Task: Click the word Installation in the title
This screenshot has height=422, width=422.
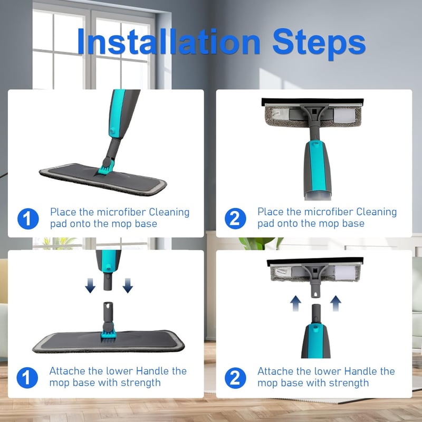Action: click(169, 42)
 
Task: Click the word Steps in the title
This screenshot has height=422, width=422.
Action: click(319, 43)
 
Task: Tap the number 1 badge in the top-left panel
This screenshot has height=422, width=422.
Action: click(28, 218)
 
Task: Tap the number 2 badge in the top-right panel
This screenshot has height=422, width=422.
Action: click(235, 218)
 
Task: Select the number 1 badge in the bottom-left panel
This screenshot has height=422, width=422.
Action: click(27, 378)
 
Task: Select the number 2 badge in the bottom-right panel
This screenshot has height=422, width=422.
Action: click(235, 378)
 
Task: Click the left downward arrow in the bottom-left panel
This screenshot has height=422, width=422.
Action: click(90, 285)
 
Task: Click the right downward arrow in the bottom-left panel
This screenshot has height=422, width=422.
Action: click(128, 285)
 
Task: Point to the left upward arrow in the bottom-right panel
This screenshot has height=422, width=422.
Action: click(295, 303)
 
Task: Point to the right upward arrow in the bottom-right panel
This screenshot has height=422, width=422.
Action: click(335, 303)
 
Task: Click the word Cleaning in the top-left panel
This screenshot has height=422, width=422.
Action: click(169, 213)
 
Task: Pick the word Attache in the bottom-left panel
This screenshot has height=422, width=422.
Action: click(68, 371)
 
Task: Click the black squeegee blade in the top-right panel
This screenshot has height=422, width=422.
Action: click(312, 102)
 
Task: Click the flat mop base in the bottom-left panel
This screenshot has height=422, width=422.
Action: click(108, 341)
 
